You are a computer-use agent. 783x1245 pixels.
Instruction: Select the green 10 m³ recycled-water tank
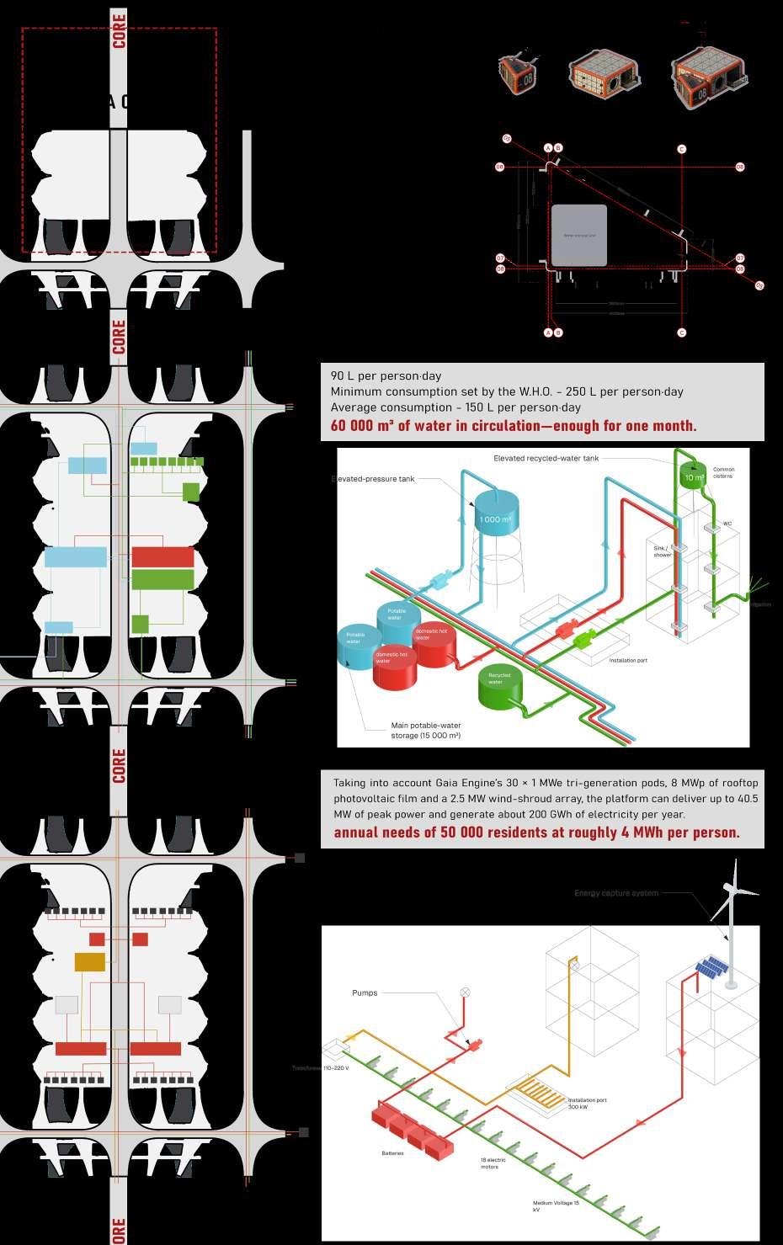(x=694, y=476)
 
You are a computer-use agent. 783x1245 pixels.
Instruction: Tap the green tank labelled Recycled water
(x=500, y=686)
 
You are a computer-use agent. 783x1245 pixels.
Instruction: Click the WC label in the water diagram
(x=727, y=524)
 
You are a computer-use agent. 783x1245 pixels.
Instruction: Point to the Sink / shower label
(x=663, y=551)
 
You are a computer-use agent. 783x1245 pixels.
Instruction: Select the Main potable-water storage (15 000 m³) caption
(x=426, y=731)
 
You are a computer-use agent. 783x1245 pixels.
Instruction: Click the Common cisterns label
(x=723, y=472)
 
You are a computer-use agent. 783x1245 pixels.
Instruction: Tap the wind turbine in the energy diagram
(x=730, y=918)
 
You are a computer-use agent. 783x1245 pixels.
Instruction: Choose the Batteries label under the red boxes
(x=392, y=1152)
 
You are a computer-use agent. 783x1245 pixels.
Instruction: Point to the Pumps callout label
(x=365, y=993)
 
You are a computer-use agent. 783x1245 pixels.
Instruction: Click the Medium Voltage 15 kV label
(x=556, y=1206)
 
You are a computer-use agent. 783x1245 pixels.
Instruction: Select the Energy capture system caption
(x=616, y=893)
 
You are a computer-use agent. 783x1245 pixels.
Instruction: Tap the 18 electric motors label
(x=493, y=1163)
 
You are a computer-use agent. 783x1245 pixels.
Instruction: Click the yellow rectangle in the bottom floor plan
(x=90, y=961)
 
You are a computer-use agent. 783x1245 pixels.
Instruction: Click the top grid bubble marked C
(x=681, y=149)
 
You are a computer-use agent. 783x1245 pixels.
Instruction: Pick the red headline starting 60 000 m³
(x=514, y=425)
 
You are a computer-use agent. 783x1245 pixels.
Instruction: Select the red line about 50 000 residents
(x=536, y=833)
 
